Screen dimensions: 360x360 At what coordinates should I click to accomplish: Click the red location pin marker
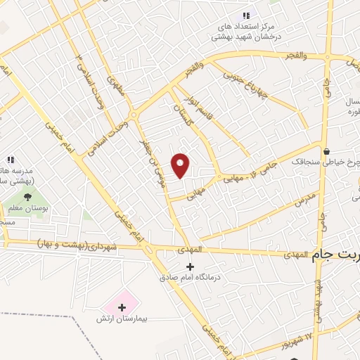click(x=181, y=166)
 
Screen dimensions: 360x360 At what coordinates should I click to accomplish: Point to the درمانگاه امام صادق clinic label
click(x=190, y=278)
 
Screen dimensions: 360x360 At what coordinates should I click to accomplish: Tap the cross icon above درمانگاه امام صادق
click(x=190, y=266)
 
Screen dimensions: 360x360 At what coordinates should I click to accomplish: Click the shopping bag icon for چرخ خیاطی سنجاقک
click(x=327, y=150)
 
